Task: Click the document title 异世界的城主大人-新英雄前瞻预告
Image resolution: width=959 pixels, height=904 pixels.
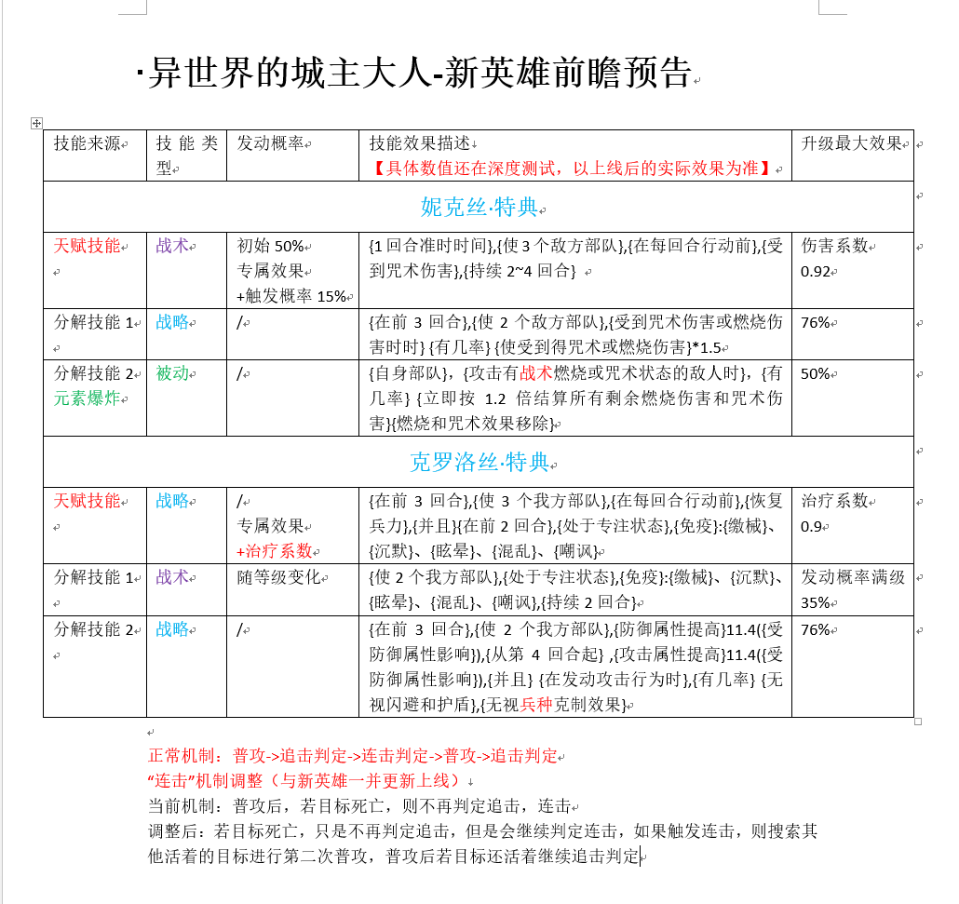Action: (419, 72)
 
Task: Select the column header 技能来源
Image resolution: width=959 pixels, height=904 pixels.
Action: (88, 143)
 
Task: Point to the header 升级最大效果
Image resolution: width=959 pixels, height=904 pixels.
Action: (852, 143)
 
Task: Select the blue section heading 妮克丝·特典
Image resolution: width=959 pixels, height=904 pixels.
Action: (479, 207)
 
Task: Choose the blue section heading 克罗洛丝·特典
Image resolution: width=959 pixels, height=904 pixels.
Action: (479, 462)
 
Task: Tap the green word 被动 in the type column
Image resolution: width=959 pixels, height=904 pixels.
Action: (172, 373)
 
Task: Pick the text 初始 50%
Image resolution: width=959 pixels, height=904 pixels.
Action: (271, 247)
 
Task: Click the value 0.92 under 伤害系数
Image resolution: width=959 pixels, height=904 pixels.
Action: (816, 272)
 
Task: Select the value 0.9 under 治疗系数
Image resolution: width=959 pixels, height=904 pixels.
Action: (812, 526)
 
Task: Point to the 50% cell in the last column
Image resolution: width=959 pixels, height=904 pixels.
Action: (815, 373)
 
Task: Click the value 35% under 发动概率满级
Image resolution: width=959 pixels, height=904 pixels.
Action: (815, 602)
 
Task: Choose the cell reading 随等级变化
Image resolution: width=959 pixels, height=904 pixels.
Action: (278, 577)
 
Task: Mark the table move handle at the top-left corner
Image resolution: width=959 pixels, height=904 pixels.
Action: (36, 123)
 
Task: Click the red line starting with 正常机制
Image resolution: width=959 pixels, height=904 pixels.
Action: (353, 756)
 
